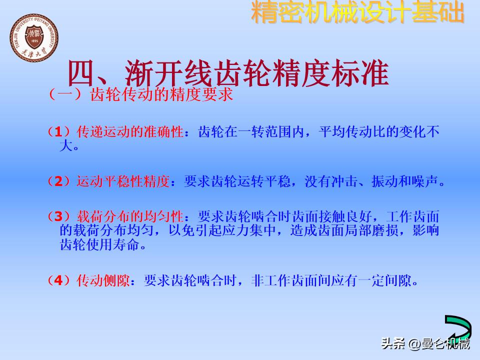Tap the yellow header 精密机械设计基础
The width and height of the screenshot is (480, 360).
point(357,13)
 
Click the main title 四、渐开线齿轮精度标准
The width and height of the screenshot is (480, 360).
point(228,74)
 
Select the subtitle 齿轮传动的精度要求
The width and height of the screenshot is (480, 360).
point(161,94)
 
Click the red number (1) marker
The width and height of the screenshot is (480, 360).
point(60,132)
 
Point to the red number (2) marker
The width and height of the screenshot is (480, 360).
point(60,181)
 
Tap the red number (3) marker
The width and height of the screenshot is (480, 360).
point(60,216)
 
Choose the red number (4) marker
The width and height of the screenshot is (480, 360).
point(60,280)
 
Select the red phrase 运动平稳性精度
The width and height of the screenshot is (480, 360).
point(123,181)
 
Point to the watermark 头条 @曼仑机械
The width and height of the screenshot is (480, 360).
point(425,344)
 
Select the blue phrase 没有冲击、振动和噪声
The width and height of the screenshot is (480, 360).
point(375,181)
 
